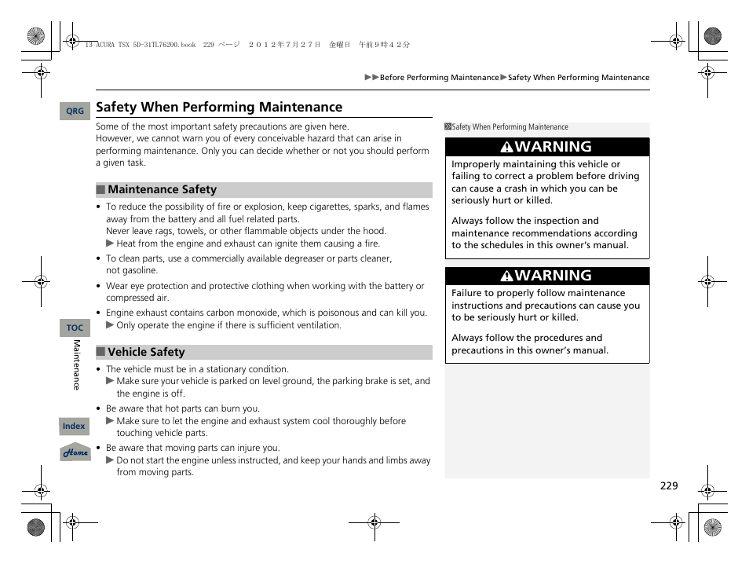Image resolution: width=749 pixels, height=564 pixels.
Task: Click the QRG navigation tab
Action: (x=75, y=112)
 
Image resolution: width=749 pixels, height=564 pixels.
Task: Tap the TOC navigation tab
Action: (x=75, y=328)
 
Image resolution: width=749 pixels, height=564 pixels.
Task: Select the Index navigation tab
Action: (x=74, y=427)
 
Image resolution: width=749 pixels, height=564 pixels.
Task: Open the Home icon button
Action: (x=75, y=452)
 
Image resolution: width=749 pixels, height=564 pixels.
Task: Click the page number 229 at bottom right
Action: (x=668, y=486)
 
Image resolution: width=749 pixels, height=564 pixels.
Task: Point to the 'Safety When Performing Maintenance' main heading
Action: (x=219, y=107)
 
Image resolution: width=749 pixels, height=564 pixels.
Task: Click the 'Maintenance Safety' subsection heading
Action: (x=162, y=189)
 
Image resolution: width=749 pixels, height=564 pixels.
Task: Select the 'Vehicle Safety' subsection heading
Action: (x=146, y=352)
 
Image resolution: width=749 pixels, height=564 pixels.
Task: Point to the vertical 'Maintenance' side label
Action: (x=77, y=364)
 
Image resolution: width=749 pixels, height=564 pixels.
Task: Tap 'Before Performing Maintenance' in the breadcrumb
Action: (x=439, y=78)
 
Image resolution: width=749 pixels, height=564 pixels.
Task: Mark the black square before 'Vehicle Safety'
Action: (x=100, y=352)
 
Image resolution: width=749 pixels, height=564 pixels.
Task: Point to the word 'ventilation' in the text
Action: (x=316, y=325)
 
